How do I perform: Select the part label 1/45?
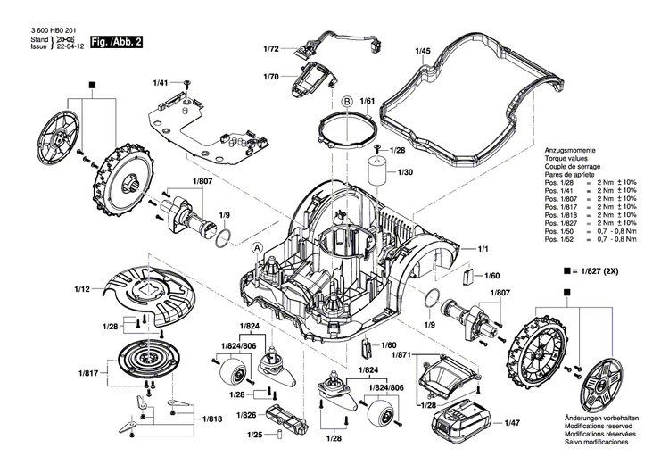point(423,52)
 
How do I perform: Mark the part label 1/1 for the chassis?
point(486,247)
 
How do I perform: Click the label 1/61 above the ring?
point(367,102)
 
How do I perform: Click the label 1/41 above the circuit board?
point(160,82)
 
